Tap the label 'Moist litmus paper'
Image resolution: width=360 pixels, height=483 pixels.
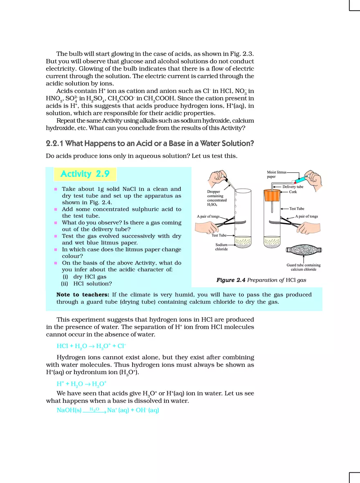click(277, 174)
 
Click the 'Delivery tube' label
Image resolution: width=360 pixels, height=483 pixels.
click(292, 187)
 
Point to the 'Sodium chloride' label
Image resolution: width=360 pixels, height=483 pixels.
click(221, 247)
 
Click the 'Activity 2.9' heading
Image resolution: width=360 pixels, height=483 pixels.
click(85, 174)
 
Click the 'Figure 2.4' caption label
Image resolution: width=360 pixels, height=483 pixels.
click(231, 280)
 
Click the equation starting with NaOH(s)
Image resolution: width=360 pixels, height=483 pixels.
click(108, 410)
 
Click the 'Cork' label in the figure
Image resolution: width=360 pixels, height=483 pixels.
click(293, 192)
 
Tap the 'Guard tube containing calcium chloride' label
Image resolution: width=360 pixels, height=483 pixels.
click(304, 267)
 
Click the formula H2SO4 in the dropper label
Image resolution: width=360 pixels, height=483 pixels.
click(212, 205)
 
